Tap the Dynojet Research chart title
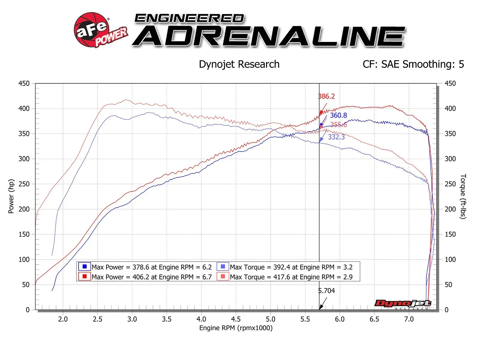pos(239,64)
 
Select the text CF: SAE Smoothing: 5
pos(413,64)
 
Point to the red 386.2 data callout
pos(326,96)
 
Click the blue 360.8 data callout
pos(338,115)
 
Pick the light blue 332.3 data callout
pos(336,137)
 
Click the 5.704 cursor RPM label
pos(326,291)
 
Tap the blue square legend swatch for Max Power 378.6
pos(85,266)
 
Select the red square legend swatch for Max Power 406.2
pos(85,276)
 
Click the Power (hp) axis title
pos(11,196)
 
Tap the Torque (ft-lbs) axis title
pos(463,196)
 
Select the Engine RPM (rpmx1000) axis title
pos(236,328)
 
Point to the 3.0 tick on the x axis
pos(132,319)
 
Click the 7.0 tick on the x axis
pos(409,319)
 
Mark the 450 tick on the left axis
pos(24,83)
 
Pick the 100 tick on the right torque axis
pos(450,259)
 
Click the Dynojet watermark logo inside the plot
pos(403,304)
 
